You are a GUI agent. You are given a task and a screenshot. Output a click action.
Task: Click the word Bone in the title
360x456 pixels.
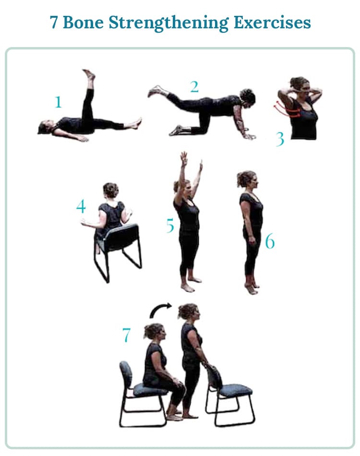tap(80, 23)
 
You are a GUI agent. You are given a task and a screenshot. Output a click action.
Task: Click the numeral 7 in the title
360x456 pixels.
tap(54, 23)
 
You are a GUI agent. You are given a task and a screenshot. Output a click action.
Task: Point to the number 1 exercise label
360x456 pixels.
tap(59, 102)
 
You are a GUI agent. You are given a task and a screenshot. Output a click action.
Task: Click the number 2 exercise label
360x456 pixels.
tap(194, 86)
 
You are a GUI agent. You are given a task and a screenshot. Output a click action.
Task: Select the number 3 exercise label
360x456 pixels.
tap(280, 139)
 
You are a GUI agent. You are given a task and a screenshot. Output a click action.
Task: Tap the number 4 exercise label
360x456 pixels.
tap(81, 206)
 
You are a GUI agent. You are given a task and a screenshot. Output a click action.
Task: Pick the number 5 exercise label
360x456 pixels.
tap(170, 226)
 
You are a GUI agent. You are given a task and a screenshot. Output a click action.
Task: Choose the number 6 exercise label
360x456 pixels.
tap(270, 242)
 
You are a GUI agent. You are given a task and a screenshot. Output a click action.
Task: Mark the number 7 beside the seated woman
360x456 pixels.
tap(126, 335)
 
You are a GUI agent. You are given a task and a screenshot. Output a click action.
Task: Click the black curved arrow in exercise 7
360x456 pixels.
tap(160, 310)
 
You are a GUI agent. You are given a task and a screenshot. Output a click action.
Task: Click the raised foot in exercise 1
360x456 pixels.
tap(89, 74)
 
